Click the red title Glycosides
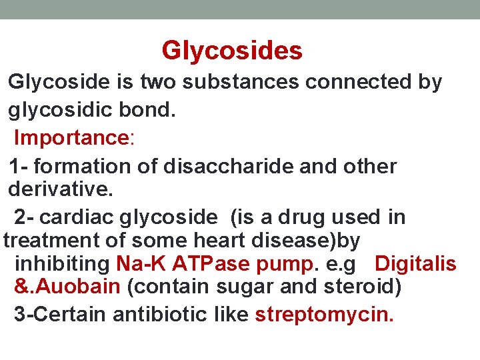(232, 51)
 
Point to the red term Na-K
(141, 263)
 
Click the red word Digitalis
(415, 263)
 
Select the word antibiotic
(154, 314)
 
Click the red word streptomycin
(324, 314)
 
